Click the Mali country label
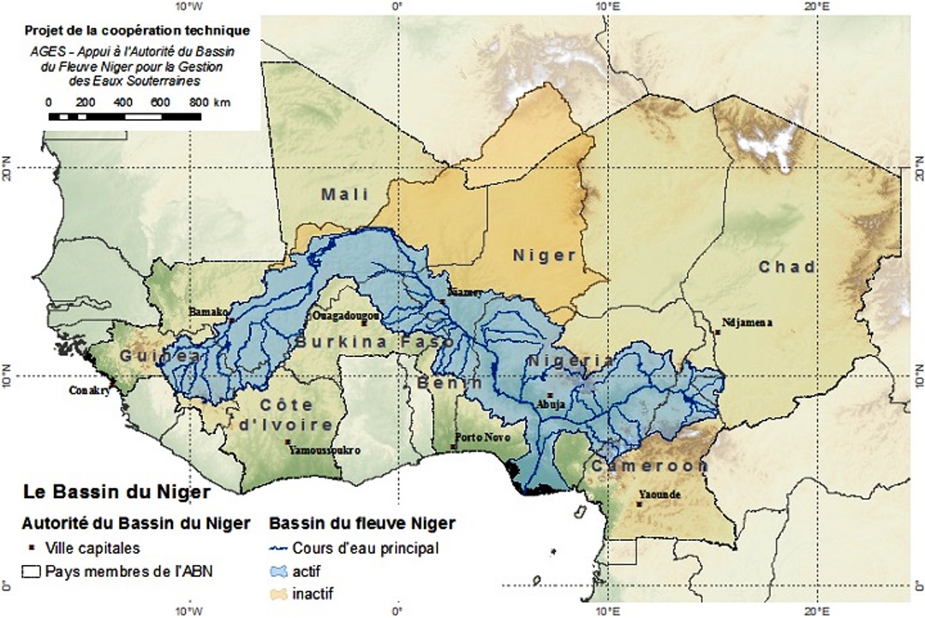pos(345,194)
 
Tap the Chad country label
pos(787,267)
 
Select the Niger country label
pos(545,255)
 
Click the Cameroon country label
pos(648,466)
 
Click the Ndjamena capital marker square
pos(716,332)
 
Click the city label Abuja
pos(546,406)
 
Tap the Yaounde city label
pos(659,495)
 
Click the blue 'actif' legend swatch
pos(279,570)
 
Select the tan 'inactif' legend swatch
pos(279,592)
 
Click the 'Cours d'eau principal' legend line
pos(279,549)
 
